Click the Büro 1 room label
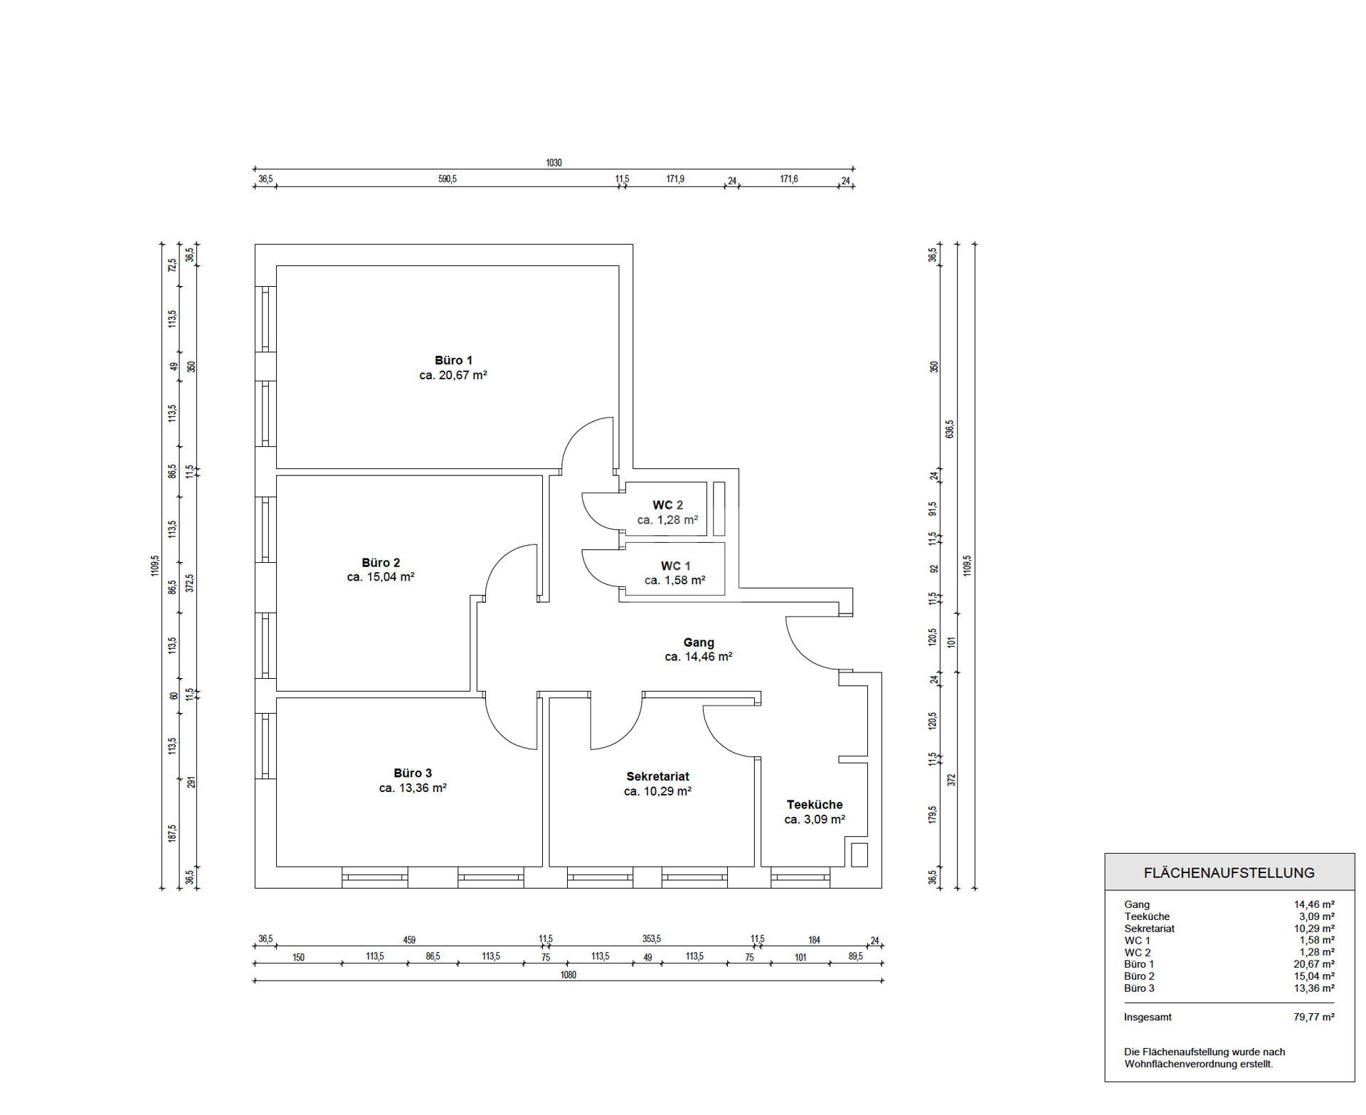453,361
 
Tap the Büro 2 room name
381,563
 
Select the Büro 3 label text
413,773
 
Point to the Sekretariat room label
657,776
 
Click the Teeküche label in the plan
815,805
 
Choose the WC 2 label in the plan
667,505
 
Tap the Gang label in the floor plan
699,643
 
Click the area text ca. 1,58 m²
675,581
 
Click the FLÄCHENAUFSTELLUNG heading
1229,873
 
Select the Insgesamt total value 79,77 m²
1314,1018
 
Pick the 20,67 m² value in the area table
1314,964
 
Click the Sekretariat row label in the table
1149,929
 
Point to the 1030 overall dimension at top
554,163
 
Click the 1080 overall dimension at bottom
568,975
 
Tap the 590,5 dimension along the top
448,179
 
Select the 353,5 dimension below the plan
652,939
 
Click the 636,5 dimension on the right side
950,429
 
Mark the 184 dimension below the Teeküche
815,940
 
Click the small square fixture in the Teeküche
859,855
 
